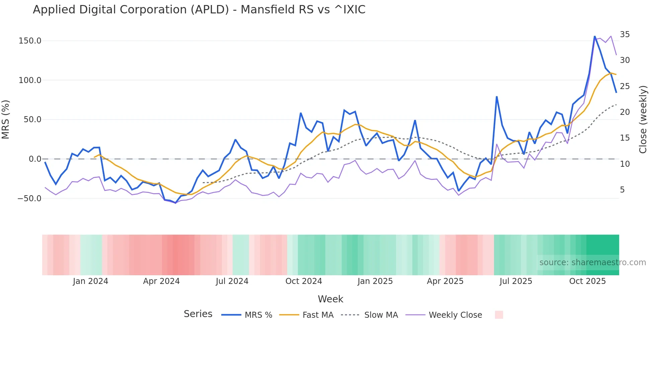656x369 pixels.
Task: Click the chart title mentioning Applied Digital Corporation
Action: [199, 10]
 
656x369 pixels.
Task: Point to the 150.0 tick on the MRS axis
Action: [30, 41]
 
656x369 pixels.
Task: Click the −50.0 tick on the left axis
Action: [29, 198]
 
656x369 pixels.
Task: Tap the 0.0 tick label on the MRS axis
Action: [35, 159]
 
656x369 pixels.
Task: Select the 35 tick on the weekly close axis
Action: [625, 34]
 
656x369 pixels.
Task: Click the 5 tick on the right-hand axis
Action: [622, 190]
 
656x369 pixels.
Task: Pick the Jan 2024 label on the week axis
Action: [90, 281]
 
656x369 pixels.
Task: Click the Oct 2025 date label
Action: [587, 281]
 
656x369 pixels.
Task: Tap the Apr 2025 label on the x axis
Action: [445, 281]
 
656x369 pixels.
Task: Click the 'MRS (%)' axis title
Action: [6, 119]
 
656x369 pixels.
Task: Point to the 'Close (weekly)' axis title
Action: [643, 120]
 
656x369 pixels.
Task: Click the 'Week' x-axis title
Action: [330, 299]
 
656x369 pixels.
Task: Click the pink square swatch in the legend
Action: [499, 315]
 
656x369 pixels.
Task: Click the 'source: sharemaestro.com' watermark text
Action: [592, 263]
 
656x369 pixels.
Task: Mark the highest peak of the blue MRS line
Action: [595, 36]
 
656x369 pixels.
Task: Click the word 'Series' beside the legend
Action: [198, 314]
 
